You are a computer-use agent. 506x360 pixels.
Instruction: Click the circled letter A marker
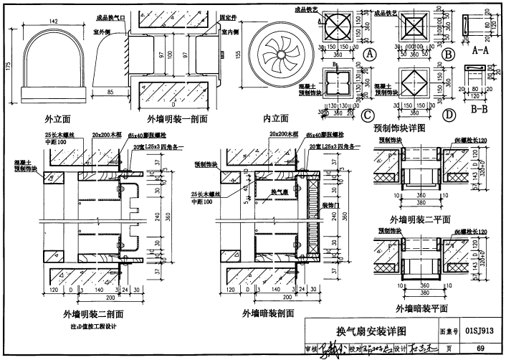point(370,55)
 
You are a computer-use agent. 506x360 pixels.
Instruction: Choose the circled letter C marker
point(368,113)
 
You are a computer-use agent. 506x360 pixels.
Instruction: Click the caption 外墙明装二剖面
point(92,313)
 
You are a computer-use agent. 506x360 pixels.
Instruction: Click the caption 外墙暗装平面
point(423,308)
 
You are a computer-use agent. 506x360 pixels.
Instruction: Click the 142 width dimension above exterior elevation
point(54,22)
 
